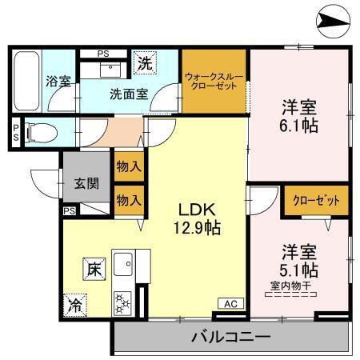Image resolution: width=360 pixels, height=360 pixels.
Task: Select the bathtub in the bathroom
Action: pos(27,81)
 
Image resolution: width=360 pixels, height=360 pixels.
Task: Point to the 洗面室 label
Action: pos(129,93)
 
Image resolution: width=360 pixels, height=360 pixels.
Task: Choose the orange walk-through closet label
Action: pos(214,82)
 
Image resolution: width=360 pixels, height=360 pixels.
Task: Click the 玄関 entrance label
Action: pos(87,183)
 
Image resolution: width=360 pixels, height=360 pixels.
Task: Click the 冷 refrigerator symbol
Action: pos(74,304)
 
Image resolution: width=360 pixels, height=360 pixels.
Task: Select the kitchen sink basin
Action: pos(125,263)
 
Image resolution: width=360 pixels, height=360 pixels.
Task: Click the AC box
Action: pos(230,303)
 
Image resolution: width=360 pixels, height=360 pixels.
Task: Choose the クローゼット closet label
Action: pos(316,200)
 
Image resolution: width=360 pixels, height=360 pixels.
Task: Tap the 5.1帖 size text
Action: pos(298,268)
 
